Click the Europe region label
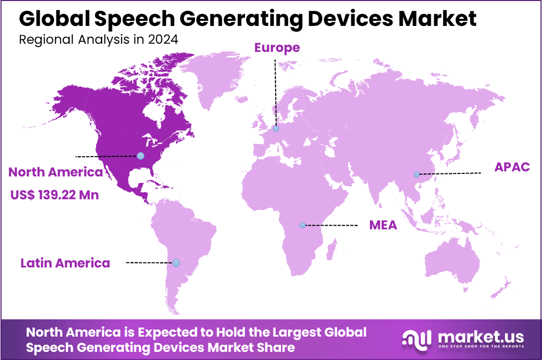[277, 48]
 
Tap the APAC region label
[512, 167]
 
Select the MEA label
[383, 225]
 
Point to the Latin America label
[65, 263]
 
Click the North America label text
[56, 172]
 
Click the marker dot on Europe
[276, 129]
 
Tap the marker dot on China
[417, 174]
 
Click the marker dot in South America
[176, 263]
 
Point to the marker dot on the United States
[140, 156]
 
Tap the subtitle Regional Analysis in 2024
[99, 40]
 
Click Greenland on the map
[214, 76]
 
